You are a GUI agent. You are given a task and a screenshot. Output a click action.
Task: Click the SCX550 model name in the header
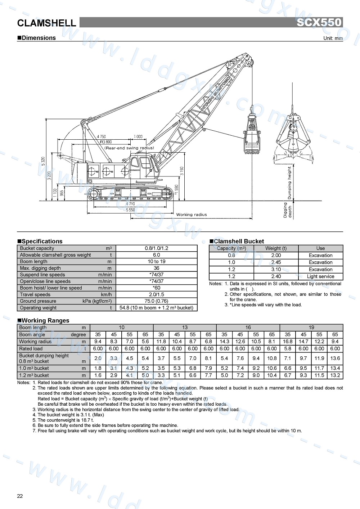coord(319,22)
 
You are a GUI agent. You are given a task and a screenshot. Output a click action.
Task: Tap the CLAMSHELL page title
coord(47,23)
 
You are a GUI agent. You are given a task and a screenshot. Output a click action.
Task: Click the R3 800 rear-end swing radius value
coord(106,142)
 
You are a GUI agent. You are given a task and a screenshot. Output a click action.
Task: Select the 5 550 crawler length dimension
coord(130,210)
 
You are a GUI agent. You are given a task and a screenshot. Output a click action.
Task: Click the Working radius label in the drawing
coord(192,215)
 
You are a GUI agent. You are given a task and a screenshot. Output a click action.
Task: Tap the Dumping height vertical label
coord(289,183)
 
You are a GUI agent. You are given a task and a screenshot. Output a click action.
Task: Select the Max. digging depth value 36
coord(157,268)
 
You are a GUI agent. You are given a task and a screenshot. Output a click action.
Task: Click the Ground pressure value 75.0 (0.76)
coord(157,301)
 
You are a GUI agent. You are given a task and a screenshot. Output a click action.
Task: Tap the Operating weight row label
coord(38,308)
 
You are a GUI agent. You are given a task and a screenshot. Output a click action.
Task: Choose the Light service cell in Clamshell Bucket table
coord(320,276)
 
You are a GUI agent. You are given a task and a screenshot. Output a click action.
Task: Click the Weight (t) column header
coord(276,248)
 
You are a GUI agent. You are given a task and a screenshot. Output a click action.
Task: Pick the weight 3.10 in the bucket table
coord(276,269)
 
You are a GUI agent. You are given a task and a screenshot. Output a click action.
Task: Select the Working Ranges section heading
coord(45,320)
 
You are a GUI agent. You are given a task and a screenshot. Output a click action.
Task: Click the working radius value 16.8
coord(288,342)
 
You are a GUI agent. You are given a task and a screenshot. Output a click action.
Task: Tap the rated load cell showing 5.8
coord(288,348)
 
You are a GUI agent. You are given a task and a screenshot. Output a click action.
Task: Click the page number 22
coord(20,496)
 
